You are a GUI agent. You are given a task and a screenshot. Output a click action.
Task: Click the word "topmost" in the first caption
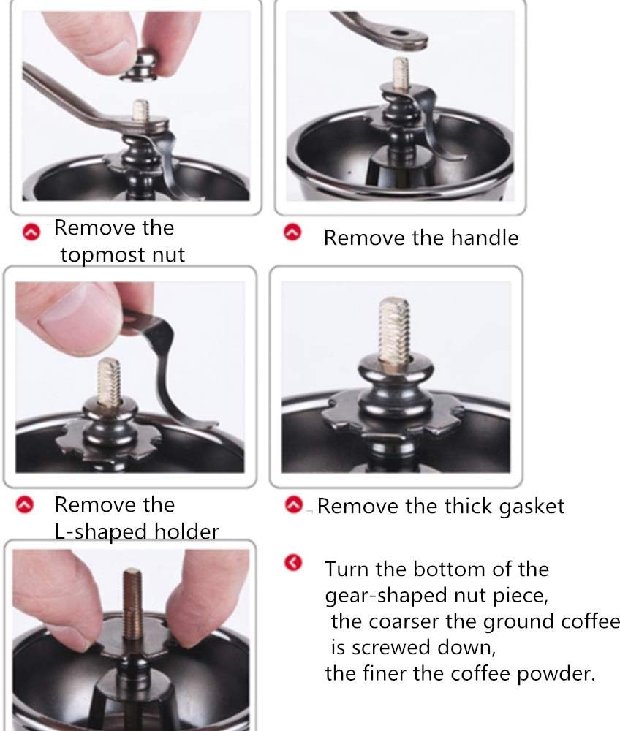pyautogui.click(x=95, y=255)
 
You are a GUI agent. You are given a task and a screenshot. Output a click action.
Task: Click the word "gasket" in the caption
pyautogui.click(x=532, y=507)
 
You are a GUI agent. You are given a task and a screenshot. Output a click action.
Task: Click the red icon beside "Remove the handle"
pyautogui.click(x=292, y=232)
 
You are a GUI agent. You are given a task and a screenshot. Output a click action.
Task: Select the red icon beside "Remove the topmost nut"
pyautogui.click(x=31, y=232)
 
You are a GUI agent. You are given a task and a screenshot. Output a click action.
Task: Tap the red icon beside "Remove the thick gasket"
pyautogui.click(x=294, y=504)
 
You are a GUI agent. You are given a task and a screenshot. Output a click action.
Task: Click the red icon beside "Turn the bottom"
pyautogui.click(x=293, y=563)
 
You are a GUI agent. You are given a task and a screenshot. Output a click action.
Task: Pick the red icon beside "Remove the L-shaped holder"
pyautogui.click(x=25, y=504)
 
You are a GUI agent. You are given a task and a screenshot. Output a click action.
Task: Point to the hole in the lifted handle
pyautogui.click(x=398, y=33)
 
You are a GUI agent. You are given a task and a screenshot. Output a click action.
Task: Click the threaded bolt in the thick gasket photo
pyautogui.click(x=395, y=331)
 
